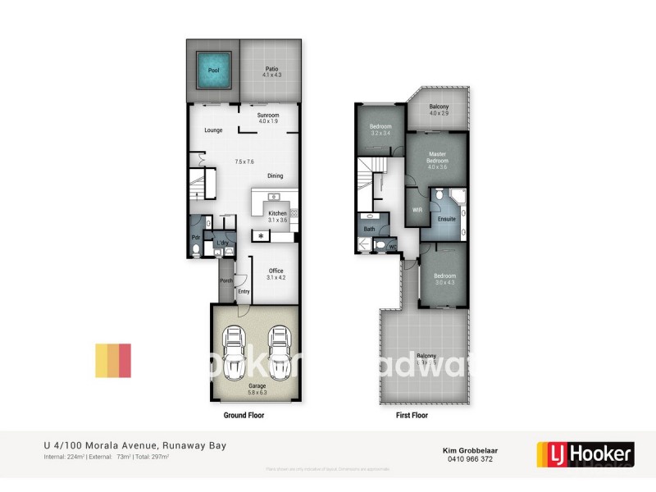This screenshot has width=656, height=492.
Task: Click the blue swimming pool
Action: point(213,71)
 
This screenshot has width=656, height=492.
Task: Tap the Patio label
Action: point(271,68)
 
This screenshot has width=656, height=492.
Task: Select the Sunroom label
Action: point(268,115)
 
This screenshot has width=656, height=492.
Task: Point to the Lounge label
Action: point(213,130)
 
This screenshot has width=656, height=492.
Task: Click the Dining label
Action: point(275,175)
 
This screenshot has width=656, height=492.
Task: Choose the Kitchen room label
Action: point(277,213)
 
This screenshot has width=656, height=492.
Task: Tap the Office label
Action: point(275,271)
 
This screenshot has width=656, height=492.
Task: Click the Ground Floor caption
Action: point(244,416)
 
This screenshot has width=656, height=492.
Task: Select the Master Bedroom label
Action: point(437,157)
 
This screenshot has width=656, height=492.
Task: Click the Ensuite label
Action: point(446,219)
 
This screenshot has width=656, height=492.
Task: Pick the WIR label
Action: point(417,210)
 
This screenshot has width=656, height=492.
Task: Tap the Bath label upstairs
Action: point(369,229)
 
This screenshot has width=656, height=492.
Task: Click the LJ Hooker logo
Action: point(585,453)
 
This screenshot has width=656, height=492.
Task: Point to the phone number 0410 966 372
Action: point(463,459)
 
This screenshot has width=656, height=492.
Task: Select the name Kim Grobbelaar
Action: point(463,449)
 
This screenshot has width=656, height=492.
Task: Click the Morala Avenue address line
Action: point(134,446)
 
